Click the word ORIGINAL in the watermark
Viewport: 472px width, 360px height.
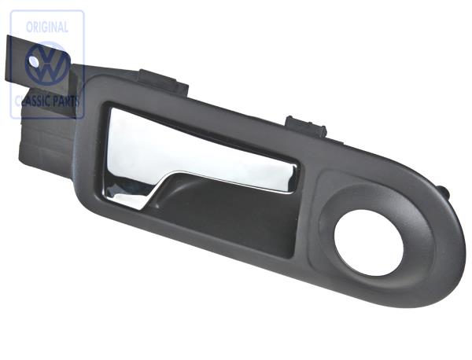(x=47, y=26)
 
